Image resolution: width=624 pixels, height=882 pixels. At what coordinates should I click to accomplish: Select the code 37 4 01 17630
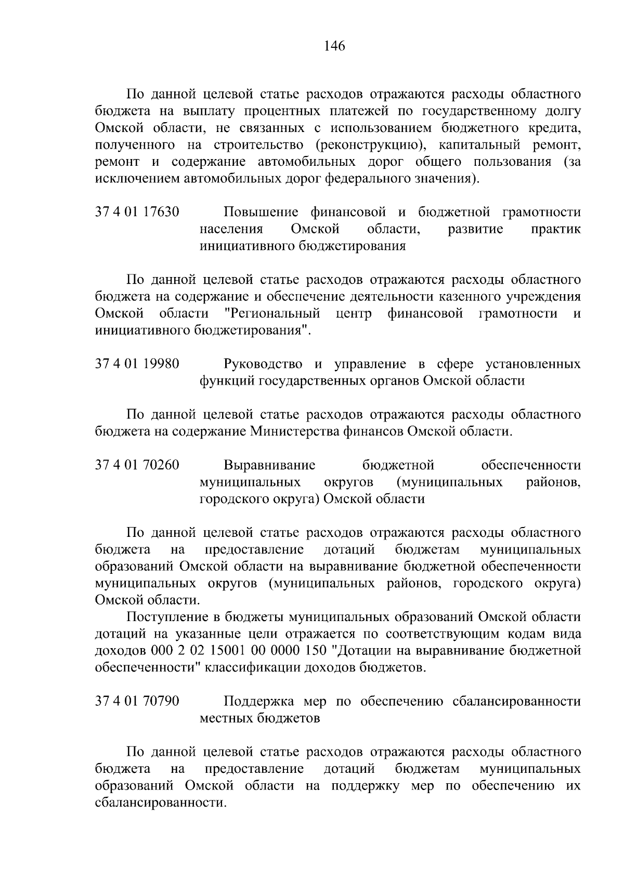(137, 213)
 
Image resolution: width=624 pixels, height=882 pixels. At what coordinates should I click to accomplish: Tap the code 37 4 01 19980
(137, 364)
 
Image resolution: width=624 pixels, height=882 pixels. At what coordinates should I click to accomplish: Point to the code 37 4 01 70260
(137, 465)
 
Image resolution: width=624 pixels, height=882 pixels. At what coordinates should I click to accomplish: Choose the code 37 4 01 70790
(137, 702)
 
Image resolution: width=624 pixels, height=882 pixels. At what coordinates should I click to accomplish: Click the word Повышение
(261, 213)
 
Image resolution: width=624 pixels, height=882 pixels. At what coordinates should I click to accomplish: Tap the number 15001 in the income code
(226, 651)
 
